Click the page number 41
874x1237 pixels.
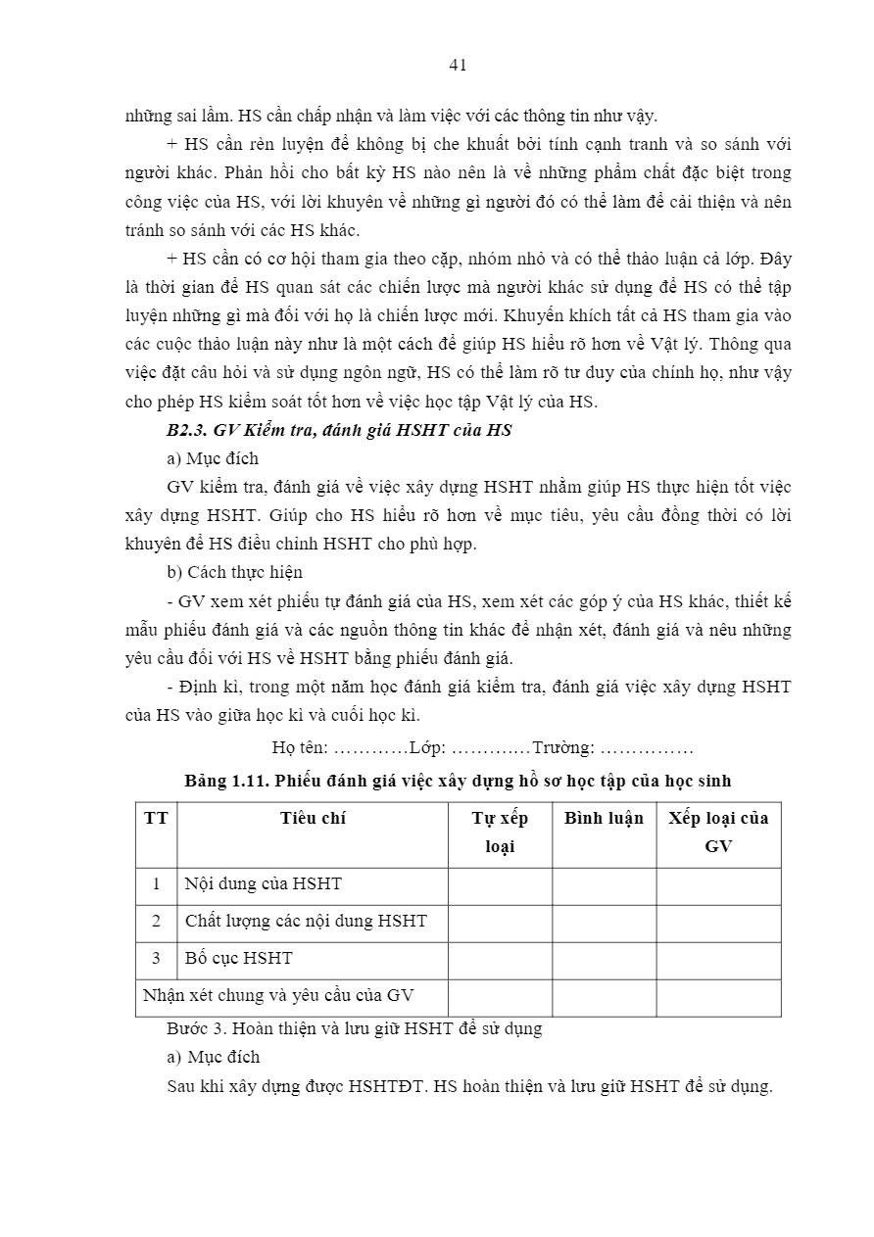pyautogui.click(x=458, y=65)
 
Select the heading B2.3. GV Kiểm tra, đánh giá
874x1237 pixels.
pyautogui.click(x=339, y=430)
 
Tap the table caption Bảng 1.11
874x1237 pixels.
pyautogui.click(x=458, y=781)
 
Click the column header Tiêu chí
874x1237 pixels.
pyautogui.click(x=313, y=818)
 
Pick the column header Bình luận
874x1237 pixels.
pyautogui.click(x=604, y=818)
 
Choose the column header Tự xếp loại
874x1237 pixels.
pyautogui.click(x=500, y=832)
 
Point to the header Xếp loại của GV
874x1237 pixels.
pyautogui.click(x=718, y=832)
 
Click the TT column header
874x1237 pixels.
pyautogui.click(x=156, y=818)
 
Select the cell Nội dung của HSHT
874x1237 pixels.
pyautogui.click(x=264, y=883)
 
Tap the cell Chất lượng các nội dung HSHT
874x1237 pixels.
pyautogui.click(x=306, y=921)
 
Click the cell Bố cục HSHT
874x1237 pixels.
pyautogui.click(x=238, y=958)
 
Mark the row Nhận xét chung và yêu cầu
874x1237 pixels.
pyautogui.click(x=278, y=995)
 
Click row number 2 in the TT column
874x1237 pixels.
pyautogui.click(x=156, y=921)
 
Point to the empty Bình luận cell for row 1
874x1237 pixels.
pyautogui.click(x=604, y=884)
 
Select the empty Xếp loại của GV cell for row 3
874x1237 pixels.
pyautogui.click(x=718, y=959)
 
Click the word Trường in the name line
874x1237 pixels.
pyautogui.click(x=562, y=747)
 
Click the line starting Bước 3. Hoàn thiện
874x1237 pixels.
pyautogui.click(x=355, y=1028)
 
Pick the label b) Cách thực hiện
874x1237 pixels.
pyautogui.click(x=235, y=572)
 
